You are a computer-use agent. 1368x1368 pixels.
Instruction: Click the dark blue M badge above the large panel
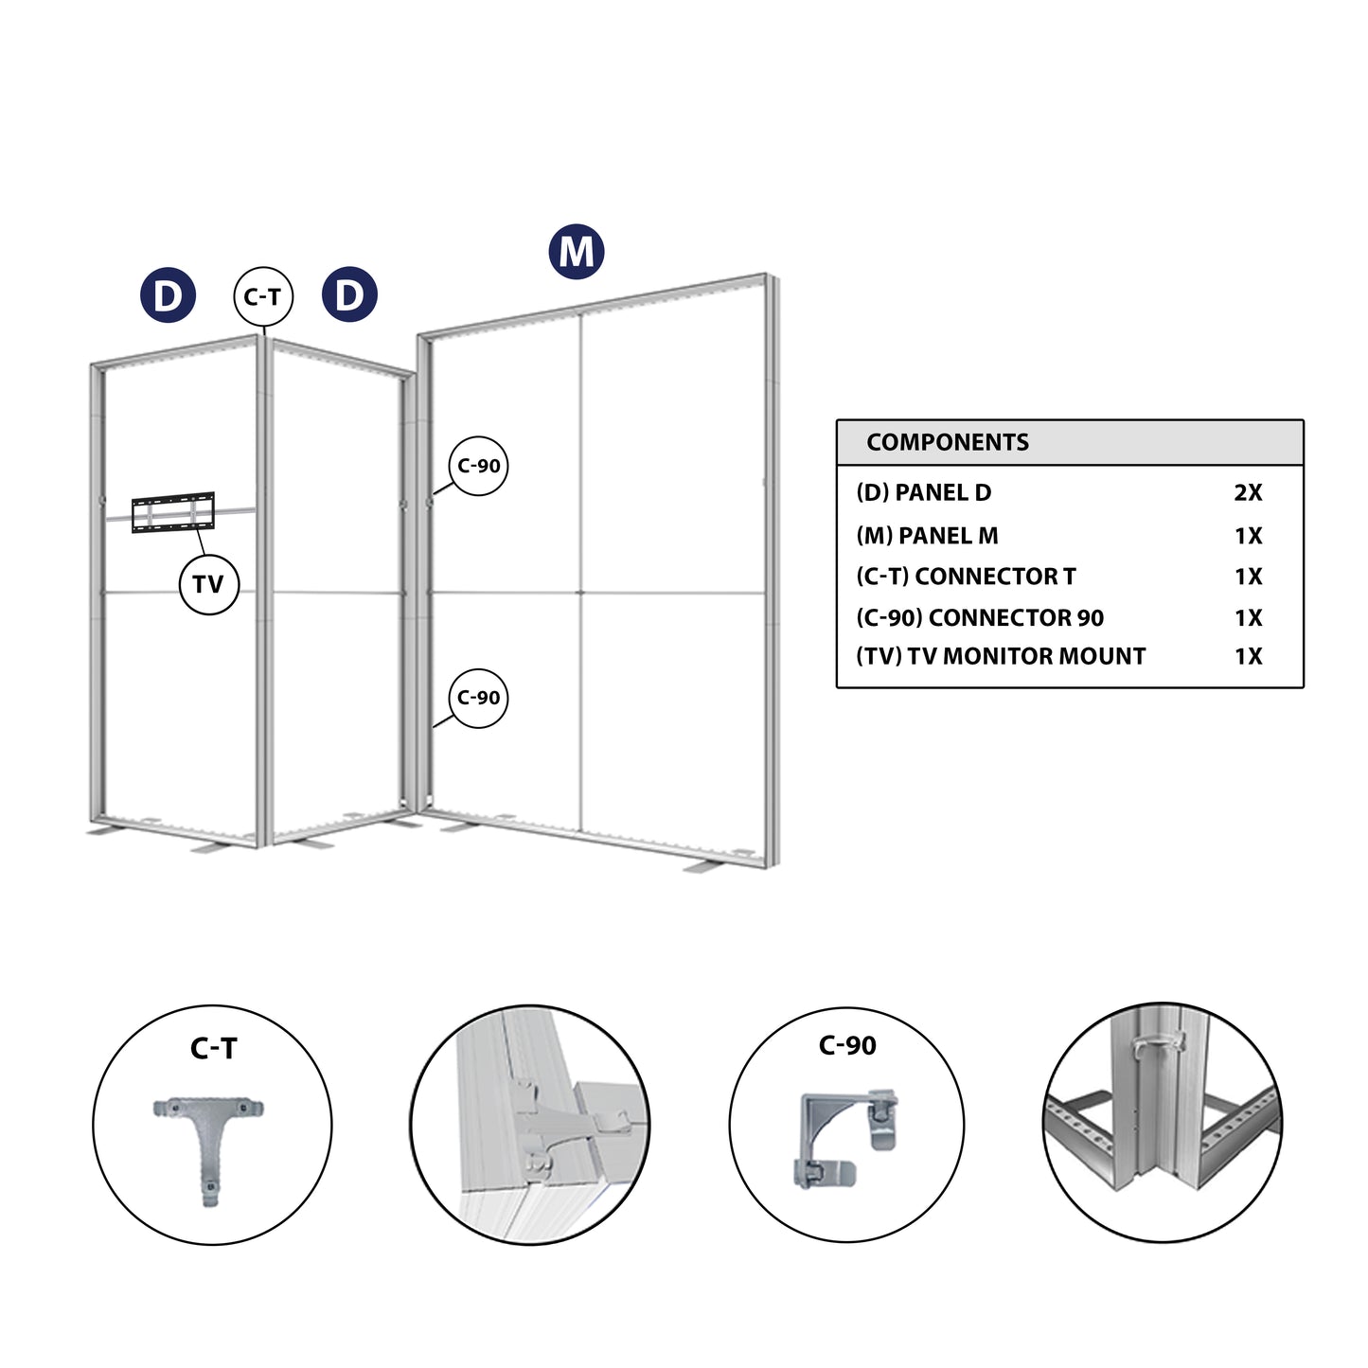(x=576, y=251)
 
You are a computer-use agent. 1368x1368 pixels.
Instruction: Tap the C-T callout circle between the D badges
(x=262, y=296)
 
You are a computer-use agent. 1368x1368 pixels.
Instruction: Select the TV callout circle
(x=208, y=584)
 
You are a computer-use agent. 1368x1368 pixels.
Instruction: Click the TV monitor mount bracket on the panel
(x=172, y=512)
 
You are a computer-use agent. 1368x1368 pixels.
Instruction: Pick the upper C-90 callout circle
(x=478, y=466)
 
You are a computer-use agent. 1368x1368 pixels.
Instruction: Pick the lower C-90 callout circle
(x=478, y=698)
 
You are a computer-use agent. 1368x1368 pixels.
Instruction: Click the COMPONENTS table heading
(x=947, y=442)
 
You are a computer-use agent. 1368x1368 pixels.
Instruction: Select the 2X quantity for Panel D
(x=1248, y=492)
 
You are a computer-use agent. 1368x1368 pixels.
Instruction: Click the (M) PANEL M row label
(x=927, y=535)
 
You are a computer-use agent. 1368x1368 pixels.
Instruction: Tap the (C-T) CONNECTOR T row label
(x=967, y=576)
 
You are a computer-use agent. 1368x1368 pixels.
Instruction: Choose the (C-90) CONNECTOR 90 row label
(x=980, y=617)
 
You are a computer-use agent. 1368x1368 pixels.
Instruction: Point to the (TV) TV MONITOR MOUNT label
(x=1001, y=656)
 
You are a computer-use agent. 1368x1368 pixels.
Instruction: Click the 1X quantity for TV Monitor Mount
(x=1248, y=656)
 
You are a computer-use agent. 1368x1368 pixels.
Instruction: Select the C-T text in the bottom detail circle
(x=213, y=1048)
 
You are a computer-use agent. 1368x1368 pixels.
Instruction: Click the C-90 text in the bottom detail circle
(x=847, y=1045)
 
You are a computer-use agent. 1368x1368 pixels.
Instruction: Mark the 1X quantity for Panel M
(x=1248, y=535)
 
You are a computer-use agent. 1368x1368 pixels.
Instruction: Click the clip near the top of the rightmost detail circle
(x=1160, y=1043)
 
